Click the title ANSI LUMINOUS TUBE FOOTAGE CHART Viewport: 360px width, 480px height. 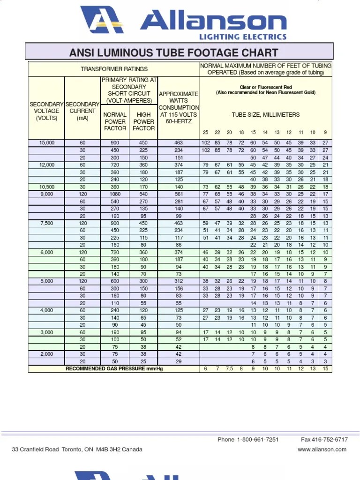pyautogui.click(x=173, y=52)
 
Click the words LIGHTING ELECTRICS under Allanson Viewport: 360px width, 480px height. pyautogui.click(x=243, y=37)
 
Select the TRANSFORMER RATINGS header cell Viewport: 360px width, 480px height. pyautogui.click(x=114, y=69)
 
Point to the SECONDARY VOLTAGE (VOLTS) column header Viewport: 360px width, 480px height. pyautogui.click(x=47, y=111)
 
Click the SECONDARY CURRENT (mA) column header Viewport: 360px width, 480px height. pyautogui.click(x=82, y=111)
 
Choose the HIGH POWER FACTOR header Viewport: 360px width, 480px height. pyautogui.click(x=143, y=121)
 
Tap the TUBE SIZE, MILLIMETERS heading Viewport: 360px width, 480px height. pyautogui.click(x=265, y=114)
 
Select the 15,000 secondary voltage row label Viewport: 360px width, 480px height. pyautogui.click(x=47, y=142)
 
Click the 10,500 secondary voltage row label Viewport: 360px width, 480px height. pyautogui.click(x=47, y=187)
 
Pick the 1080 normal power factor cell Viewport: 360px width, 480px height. pyautogui.click(x=115, y=194)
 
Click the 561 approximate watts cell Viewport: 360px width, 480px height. pyautogui.click(x=178, y=194)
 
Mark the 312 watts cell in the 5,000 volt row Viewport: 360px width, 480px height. pyautogui.click(x=178, y=281)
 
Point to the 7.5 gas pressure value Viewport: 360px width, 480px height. pyautogui.click(x=229, y=369)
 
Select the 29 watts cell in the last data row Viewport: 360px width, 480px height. pyautogui.click(x=178, y=361)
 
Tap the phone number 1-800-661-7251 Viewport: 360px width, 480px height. pyautogui.click(x=258, y=440)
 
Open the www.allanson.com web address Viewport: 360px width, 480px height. pyautogui.click(x=322, y=449)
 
